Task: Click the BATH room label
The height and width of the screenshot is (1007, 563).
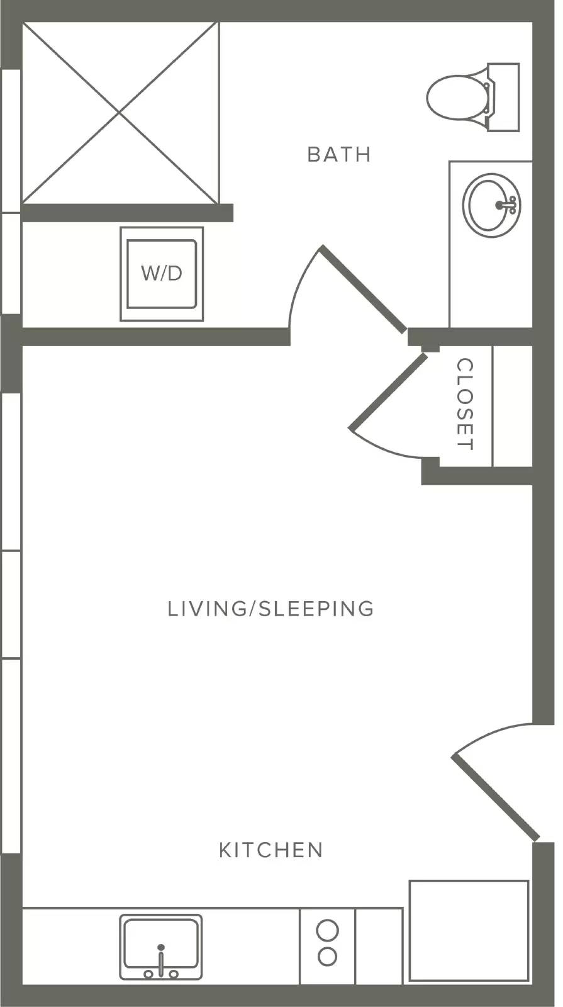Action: coord(339,154)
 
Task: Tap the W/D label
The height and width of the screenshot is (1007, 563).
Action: coord(162,273)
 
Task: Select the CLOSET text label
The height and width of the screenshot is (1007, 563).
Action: coord(465,403)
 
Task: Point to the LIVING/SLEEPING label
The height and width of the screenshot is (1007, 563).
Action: coord(270,608)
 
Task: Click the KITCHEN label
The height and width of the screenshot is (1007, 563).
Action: coord(271,850)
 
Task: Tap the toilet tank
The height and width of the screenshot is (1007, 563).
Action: coord(504,98)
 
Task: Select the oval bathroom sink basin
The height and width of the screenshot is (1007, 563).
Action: coord(491,205)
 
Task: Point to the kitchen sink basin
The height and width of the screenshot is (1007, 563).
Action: coord(161,943)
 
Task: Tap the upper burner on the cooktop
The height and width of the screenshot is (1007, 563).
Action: coord(327,929)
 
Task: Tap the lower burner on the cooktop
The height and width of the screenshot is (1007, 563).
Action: coord(327,956)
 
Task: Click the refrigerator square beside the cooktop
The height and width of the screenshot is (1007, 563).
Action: coord(469,931)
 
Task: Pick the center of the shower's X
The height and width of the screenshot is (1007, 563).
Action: coord(120,113)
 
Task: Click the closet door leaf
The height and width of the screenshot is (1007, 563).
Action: coord(388,391)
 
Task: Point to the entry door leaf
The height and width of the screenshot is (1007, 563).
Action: coord(495,797)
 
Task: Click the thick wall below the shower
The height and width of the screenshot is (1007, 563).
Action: coord(128,213)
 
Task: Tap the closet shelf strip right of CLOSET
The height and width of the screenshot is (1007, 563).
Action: coord(513,406)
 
